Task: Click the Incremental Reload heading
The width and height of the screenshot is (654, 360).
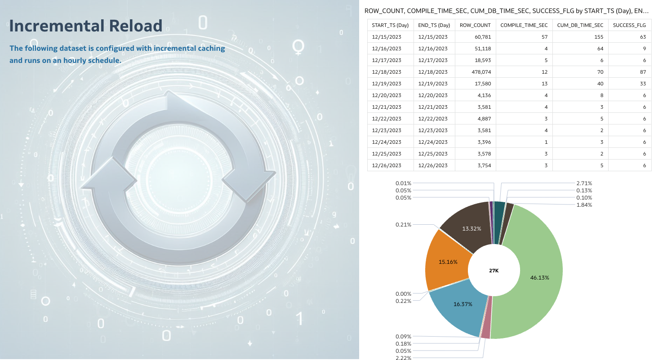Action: click(x=86, y=26)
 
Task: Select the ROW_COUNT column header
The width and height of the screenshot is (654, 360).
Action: click(x=475, y=25)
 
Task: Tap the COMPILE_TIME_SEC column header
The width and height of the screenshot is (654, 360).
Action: click(x=524, y=25)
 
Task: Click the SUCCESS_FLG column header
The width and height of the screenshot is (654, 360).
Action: click(x=629, y=25)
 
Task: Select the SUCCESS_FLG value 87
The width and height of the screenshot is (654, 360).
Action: click(x=642, y=72)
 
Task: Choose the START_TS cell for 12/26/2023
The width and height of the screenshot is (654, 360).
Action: click(x=388, y=165)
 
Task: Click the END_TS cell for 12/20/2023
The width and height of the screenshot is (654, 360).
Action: click(x=433, y=95)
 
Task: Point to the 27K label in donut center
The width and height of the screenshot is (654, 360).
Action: click(x=494, y=271)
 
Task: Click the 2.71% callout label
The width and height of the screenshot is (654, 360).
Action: click(x=584, y=183)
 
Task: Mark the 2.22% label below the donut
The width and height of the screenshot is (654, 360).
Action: click(x=403, y=358)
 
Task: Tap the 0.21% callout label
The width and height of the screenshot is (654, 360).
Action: click(x=403, y=224)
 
